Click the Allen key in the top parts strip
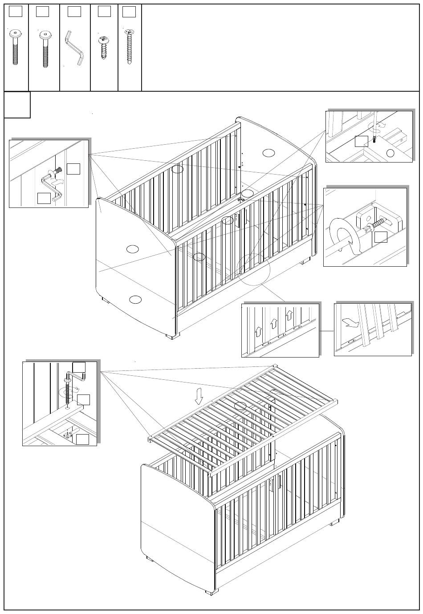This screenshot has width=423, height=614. pos(75,48)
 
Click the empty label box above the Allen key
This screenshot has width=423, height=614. pos(74,12)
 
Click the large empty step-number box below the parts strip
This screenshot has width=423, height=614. pos(17,105)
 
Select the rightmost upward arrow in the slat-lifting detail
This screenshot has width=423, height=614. pos(289,316)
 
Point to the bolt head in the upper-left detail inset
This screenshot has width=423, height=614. pos(57,171)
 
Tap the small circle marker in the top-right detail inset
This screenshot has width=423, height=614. pos(390,153)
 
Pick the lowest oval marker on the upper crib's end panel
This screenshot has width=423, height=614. pos(135,300)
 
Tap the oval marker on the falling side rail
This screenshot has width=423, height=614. pos(240,406)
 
